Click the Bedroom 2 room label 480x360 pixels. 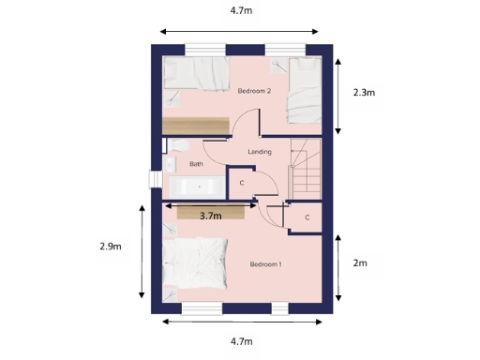coord(254,91)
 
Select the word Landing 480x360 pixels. coord(260,152)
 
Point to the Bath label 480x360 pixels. coord(196,164)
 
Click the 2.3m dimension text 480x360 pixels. coord(364,93)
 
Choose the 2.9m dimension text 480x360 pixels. coord(111,247)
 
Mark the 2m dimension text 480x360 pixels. coord(360,263)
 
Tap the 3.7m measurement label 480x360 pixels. coord(211,216)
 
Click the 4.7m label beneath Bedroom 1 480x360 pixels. coord(241,341)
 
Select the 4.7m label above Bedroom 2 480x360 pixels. coord(241,11)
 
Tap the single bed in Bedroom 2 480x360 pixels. coord(302,91)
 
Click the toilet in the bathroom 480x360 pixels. coord(176,147)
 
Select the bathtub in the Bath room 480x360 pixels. coord(194,186)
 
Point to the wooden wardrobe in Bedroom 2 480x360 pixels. coord(195,126)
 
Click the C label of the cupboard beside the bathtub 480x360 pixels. coord(242,183)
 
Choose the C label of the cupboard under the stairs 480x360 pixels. coord(307,217)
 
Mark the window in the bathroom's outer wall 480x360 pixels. coord(153,179)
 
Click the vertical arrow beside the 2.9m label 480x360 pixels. coord(142,248)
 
